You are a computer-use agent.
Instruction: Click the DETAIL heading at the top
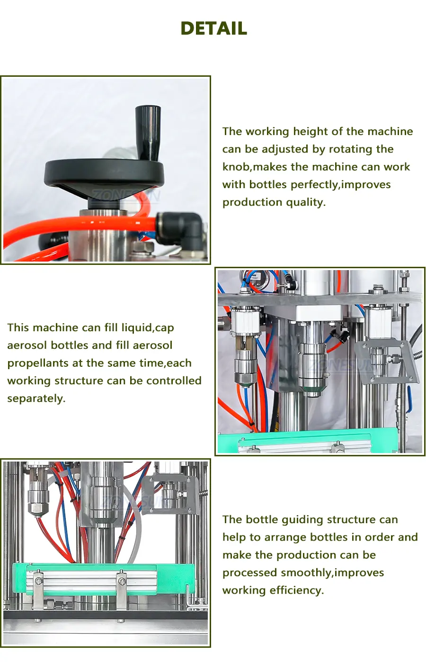[x=213, y=28]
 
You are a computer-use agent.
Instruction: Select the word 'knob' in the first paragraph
[x=236, y=167]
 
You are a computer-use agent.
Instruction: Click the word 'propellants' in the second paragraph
[x=38, y=363]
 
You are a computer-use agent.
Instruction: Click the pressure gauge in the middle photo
[x=252, y=278]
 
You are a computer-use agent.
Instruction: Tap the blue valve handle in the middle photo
[x=409, y=399]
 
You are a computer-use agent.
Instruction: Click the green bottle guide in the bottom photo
[x=103, y=579]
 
